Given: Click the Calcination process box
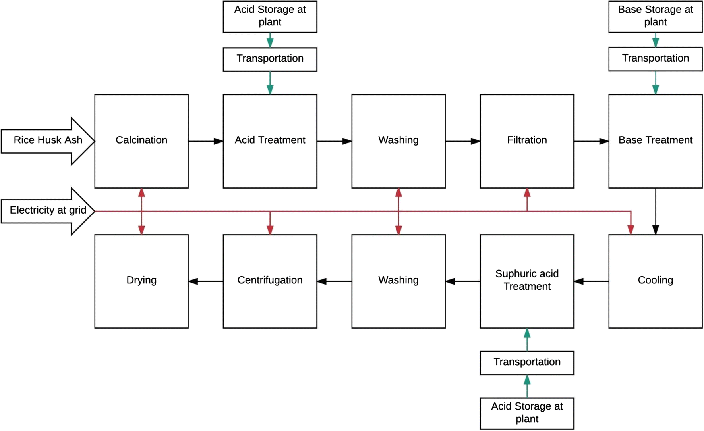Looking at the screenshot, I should [141, 141].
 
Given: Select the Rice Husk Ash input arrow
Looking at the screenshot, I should [48, 140].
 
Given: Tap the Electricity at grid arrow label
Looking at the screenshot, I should [48, 210].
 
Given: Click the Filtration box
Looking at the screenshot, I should [527, 141].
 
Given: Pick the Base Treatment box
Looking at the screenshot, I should [655, 141].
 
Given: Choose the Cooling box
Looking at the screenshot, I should [655, 281].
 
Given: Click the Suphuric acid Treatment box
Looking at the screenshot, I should [527, 281].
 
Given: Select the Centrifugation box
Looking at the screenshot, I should [270, 281].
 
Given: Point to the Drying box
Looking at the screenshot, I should [141, 281].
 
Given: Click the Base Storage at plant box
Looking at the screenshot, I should [655, 16].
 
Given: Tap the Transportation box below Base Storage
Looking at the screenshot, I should [655, 59].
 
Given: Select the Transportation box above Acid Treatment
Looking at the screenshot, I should [270, 59].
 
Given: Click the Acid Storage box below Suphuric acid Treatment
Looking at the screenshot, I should [527, 413].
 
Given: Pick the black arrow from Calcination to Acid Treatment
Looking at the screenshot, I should [205, 141].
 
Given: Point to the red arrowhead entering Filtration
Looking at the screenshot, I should [527, 193].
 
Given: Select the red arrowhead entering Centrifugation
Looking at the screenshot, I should [270, 229].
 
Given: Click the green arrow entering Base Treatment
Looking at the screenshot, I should [656, 83].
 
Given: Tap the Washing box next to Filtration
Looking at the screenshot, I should [398, 141].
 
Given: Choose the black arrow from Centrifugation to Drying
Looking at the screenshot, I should [205, 281].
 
